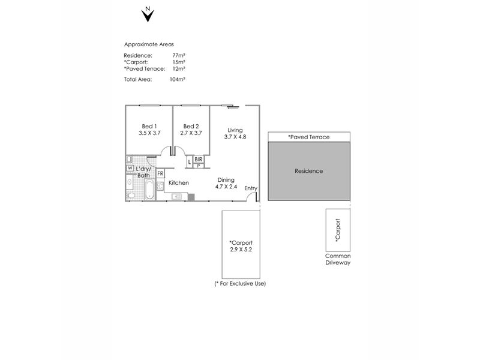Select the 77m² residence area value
tap(178, 55)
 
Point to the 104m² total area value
tap(177, 79)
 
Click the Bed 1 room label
tap(149, 126)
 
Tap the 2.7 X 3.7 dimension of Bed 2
tap(191, 133)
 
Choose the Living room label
tap(235, 130)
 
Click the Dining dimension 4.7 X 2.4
tap(226, 187)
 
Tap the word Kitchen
tap(179, 183)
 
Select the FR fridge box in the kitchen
tap(160, 173)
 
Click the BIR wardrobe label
tap(199, 160)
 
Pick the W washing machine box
tap(130, 168)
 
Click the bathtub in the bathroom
tap(149, 189)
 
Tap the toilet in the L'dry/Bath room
tap(131, 196)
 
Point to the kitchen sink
tap(176, 197)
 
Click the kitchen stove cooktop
tap(160, 187)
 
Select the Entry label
tap(251, 188)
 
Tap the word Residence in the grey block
tap(309, 171)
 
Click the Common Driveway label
tap(338, 259)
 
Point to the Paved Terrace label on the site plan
tap(309, 137)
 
